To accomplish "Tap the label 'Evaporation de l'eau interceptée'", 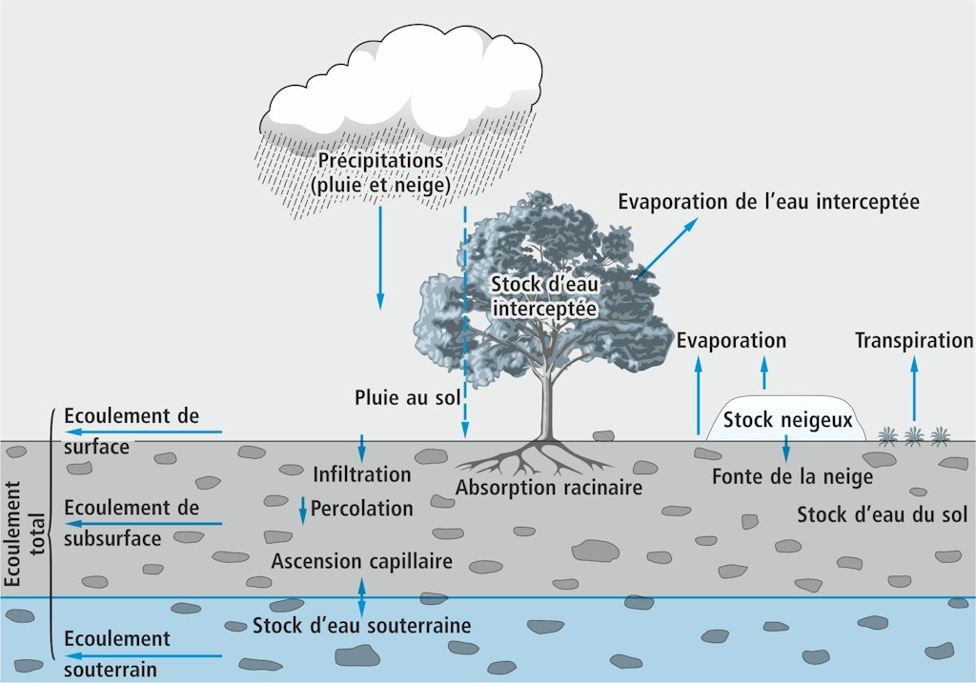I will (x=768, y=202).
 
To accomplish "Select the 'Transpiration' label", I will (x=914, y=340).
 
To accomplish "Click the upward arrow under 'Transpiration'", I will (x=914, y=391).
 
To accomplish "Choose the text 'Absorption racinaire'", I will (x=549, y=488).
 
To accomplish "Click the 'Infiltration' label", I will (x=361, y=473).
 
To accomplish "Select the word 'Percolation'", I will (x=361, y=509).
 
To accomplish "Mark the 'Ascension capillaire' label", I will (x=361, y=561).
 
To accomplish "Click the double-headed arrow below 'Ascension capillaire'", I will (x=361, y=596).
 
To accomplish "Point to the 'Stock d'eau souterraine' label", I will (x=362, y=626).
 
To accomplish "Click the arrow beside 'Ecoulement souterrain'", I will (x=143, y=656).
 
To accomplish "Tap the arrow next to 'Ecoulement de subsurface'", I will (x=143, y=524).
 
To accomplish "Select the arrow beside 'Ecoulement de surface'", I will (x=143, y=433).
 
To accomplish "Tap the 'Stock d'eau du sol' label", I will (x=882, y=515).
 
